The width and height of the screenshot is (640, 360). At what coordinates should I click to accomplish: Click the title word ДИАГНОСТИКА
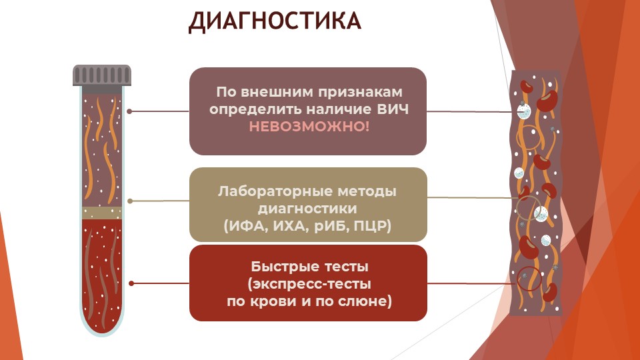coord(275,21)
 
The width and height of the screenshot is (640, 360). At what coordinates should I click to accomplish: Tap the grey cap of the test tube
coord(102,75)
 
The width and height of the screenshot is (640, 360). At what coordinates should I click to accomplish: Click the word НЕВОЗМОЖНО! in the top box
coord(309,127)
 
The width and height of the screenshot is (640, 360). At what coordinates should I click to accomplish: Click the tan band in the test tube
coord(102,213)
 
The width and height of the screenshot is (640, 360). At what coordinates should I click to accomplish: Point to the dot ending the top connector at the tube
coord(129,111)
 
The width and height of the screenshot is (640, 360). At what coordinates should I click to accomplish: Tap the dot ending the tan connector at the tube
coord(130,201)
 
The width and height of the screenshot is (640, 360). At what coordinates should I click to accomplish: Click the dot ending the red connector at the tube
coord(131,283)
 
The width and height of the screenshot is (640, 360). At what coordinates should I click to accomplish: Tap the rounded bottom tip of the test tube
coord(102,334)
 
